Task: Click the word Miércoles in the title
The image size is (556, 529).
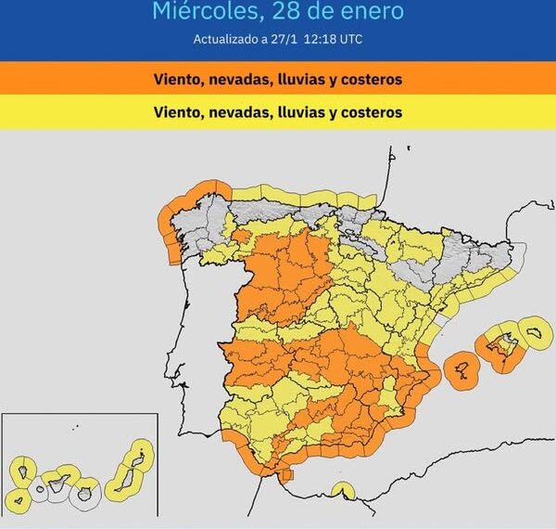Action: pos(201,12)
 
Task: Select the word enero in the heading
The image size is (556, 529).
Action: pos(371,12)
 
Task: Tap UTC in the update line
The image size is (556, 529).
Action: pos(349,39)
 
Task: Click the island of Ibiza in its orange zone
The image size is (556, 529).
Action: pos(461,368)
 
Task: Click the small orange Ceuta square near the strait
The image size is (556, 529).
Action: pos(287,475)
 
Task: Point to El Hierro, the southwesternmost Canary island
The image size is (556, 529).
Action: pos(15,501)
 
